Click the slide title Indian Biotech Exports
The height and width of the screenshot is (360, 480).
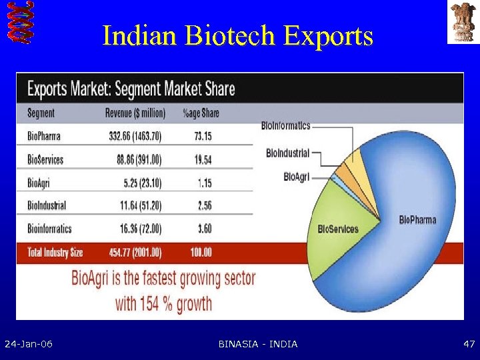pyautogui.click(x=237, y=36)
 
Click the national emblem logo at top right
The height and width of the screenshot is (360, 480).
pyautogui.click(x=463, y=23)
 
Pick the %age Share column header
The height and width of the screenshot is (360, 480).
pyautogui.click(x=201, y=113)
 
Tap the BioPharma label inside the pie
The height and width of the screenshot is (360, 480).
pyautogui.click(x=417, y=220)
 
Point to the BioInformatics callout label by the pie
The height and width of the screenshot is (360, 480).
pyautogui.click(x=285, y=125)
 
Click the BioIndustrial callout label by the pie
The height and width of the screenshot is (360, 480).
pyautogui.click(x=287, y=153)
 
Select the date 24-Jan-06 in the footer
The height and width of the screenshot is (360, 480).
pyautogui.click(x=29, y=344)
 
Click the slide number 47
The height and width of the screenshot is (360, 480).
pyautogui.click(x=469, y=344)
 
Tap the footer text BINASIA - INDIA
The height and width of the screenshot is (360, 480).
pyautogui.click(x=258, y=344)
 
